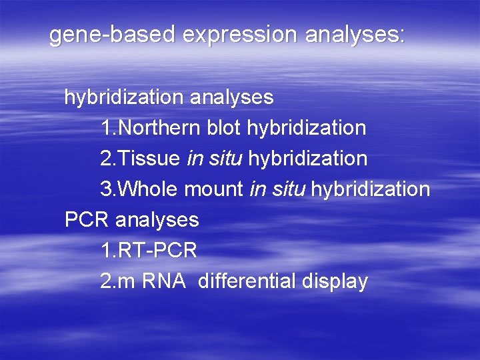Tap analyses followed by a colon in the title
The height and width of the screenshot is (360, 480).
click(x=354, y=35)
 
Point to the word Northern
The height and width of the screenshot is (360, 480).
click(x=157, y=127)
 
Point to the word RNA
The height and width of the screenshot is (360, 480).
click(x=163, y=281)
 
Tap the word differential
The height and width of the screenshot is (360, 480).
click(x=247, y=281)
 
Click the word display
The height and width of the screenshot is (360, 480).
click(x=334, y=281)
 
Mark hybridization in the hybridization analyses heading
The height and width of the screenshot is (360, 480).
click(x=124, y=97)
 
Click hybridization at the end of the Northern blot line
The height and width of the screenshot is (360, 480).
click(x=307, y=127)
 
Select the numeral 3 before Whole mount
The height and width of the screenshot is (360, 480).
click(x=105, y=189)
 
